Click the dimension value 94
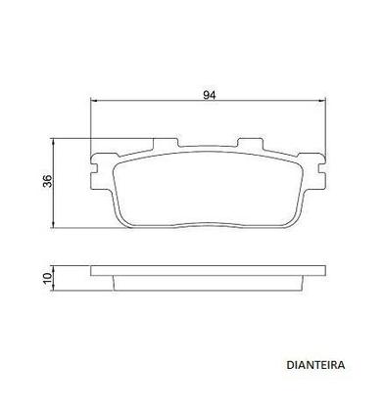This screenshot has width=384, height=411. tap(210, 94)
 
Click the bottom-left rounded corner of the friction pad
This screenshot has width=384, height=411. tap(126, 216)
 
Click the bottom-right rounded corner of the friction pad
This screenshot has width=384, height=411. tap(294, 216)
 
